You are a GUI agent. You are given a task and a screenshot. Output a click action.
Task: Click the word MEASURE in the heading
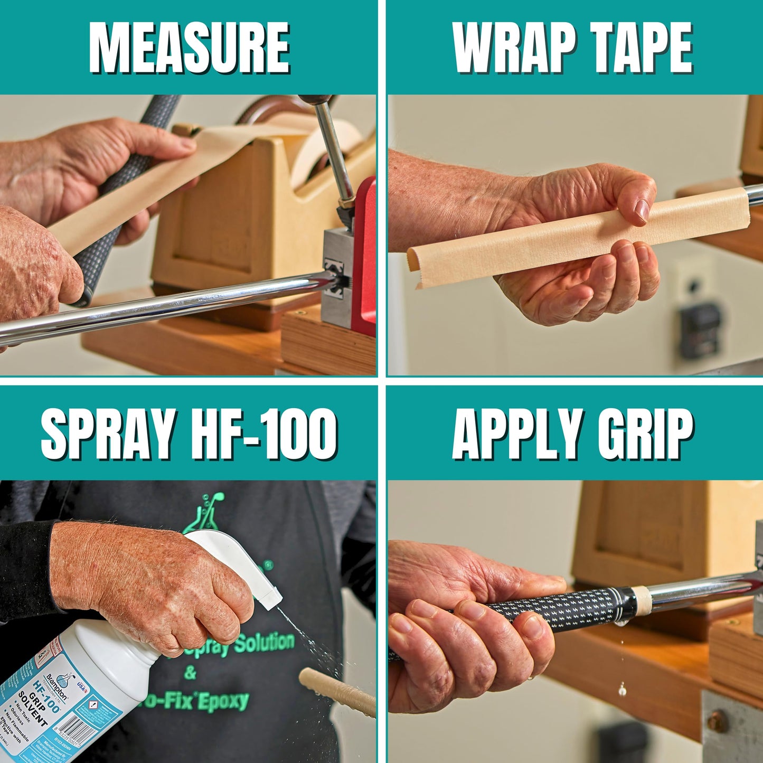(x=189, y=49)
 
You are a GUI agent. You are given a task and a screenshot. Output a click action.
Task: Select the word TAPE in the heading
(x=641, y=49)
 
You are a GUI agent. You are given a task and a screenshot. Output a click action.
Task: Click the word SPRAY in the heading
(x=108, y=434)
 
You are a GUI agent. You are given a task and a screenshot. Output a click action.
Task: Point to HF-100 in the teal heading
(x=264, y=434)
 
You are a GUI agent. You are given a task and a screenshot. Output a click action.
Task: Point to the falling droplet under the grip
(x=623, y=689)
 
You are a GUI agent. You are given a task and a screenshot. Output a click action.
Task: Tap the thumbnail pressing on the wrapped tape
(x=642, y=210)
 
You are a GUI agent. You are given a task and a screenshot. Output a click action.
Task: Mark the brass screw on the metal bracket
(x=718, y=721)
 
